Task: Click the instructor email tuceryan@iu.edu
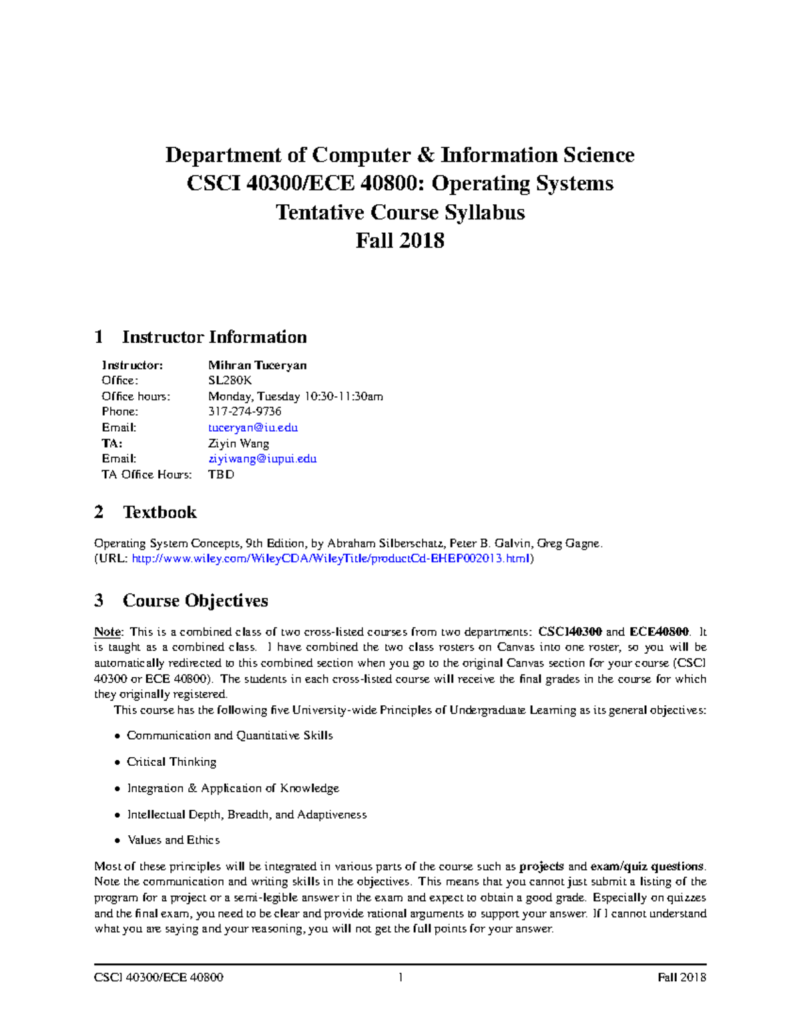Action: coord(253,428)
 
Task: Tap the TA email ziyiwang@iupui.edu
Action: coord(262,459)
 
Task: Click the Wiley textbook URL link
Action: coord(331,559)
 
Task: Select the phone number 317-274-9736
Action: coord(244,412)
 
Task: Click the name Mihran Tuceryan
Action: coord(257,365)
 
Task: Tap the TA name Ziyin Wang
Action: coord(238,443)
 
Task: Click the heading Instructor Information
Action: coord(214,337)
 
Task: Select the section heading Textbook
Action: coord(159,512)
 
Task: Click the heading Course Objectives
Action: coord(195,600)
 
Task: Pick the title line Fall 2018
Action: coord(400,240)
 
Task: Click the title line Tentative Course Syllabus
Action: coord(400,212)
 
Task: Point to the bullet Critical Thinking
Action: coord(172,762)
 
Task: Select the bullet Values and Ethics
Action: coord(174,840)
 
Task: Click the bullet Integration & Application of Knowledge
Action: coord(233,788)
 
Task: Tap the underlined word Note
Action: coord(107,632)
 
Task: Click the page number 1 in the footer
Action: coord(400,977)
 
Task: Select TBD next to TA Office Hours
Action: coord(221,474)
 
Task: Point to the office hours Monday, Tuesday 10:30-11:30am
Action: coord(295,396)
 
